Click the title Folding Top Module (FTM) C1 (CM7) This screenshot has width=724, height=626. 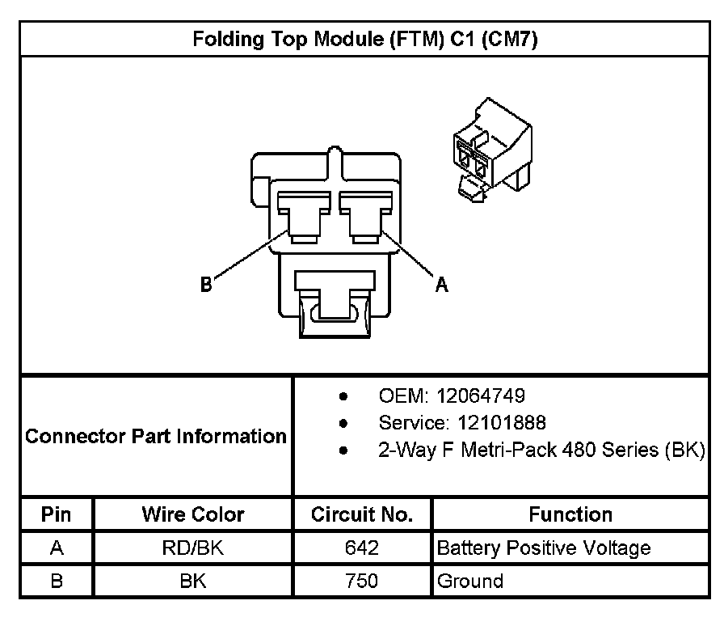tap(365, 39)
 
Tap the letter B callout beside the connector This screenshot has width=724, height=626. tap(207, 284)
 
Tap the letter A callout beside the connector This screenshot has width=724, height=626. tap(441, 284)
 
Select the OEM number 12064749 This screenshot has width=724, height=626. tap(480, 396)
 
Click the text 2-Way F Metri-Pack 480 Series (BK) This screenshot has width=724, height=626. tap(542, 449)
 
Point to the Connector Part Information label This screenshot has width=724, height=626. tap(156, 436)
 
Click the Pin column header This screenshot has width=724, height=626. tap(57, 514)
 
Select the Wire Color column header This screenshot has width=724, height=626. tap(193, 514)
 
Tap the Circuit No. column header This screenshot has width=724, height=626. tap(362, 514)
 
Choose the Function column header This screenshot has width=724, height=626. tap(570, 514)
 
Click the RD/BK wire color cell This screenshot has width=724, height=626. tap(193, 548)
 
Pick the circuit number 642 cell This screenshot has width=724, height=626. tap(362, 548)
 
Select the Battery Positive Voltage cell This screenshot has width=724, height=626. tap(544, 548)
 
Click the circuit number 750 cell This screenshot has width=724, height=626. tap(362, 582)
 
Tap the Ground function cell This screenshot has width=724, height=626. tap(470, 582)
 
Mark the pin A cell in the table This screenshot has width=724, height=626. tap(57, 548)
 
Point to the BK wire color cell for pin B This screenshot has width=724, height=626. tap(193, 582)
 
